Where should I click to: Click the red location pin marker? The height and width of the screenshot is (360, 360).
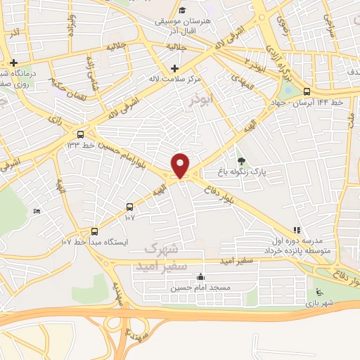(181, 165)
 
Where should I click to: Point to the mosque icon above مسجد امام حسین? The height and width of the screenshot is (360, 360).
(202, 277)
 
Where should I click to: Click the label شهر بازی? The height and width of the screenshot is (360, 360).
(321, 302)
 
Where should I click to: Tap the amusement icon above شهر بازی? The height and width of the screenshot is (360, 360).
(320, 292)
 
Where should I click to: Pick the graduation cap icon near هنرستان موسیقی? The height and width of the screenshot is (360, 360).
(182, 10)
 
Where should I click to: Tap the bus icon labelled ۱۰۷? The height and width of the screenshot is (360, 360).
(129, 207)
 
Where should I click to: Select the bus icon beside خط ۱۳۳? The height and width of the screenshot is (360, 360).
(81, 134)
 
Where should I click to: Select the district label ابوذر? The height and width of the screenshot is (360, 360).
(200, 100)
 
